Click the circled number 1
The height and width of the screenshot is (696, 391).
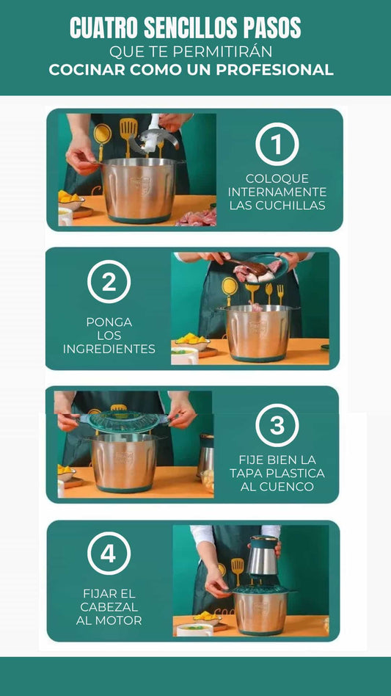click(277, 144)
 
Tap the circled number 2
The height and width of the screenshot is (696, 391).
click(109, 281)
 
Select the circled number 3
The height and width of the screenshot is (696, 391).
click(277, 425)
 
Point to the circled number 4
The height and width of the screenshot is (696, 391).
click(109, 553)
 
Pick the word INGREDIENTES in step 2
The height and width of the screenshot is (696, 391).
click(109, 349)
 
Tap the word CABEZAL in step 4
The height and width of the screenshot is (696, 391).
click(109, 606)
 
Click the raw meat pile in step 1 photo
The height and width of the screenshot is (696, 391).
click(197, 217)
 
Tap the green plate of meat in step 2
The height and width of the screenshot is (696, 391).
click(260, 268)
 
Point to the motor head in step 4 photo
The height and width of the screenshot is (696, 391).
click(263, 560)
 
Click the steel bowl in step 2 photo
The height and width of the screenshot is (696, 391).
click(257, 333)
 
